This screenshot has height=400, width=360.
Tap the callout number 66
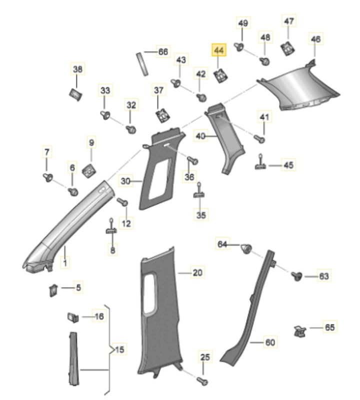[x=163, y=51]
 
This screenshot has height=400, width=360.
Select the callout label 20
[x=198, y=273]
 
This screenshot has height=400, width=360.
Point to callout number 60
[x=270, y=343]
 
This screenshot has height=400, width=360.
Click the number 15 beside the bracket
[x=118, y=349]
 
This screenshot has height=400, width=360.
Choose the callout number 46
[x=315, y=39]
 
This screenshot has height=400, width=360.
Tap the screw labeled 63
[x=296, y=275]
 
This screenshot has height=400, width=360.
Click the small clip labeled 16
[x=72, y=317]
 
